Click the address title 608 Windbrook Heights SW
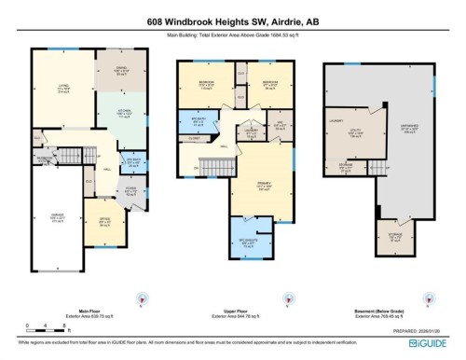click(x=232, y=21)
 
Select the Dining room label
click(x=119, y=70)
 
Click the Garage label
click(x=58, y=220)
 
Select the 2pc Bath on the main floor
click(x=132, y=159)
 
